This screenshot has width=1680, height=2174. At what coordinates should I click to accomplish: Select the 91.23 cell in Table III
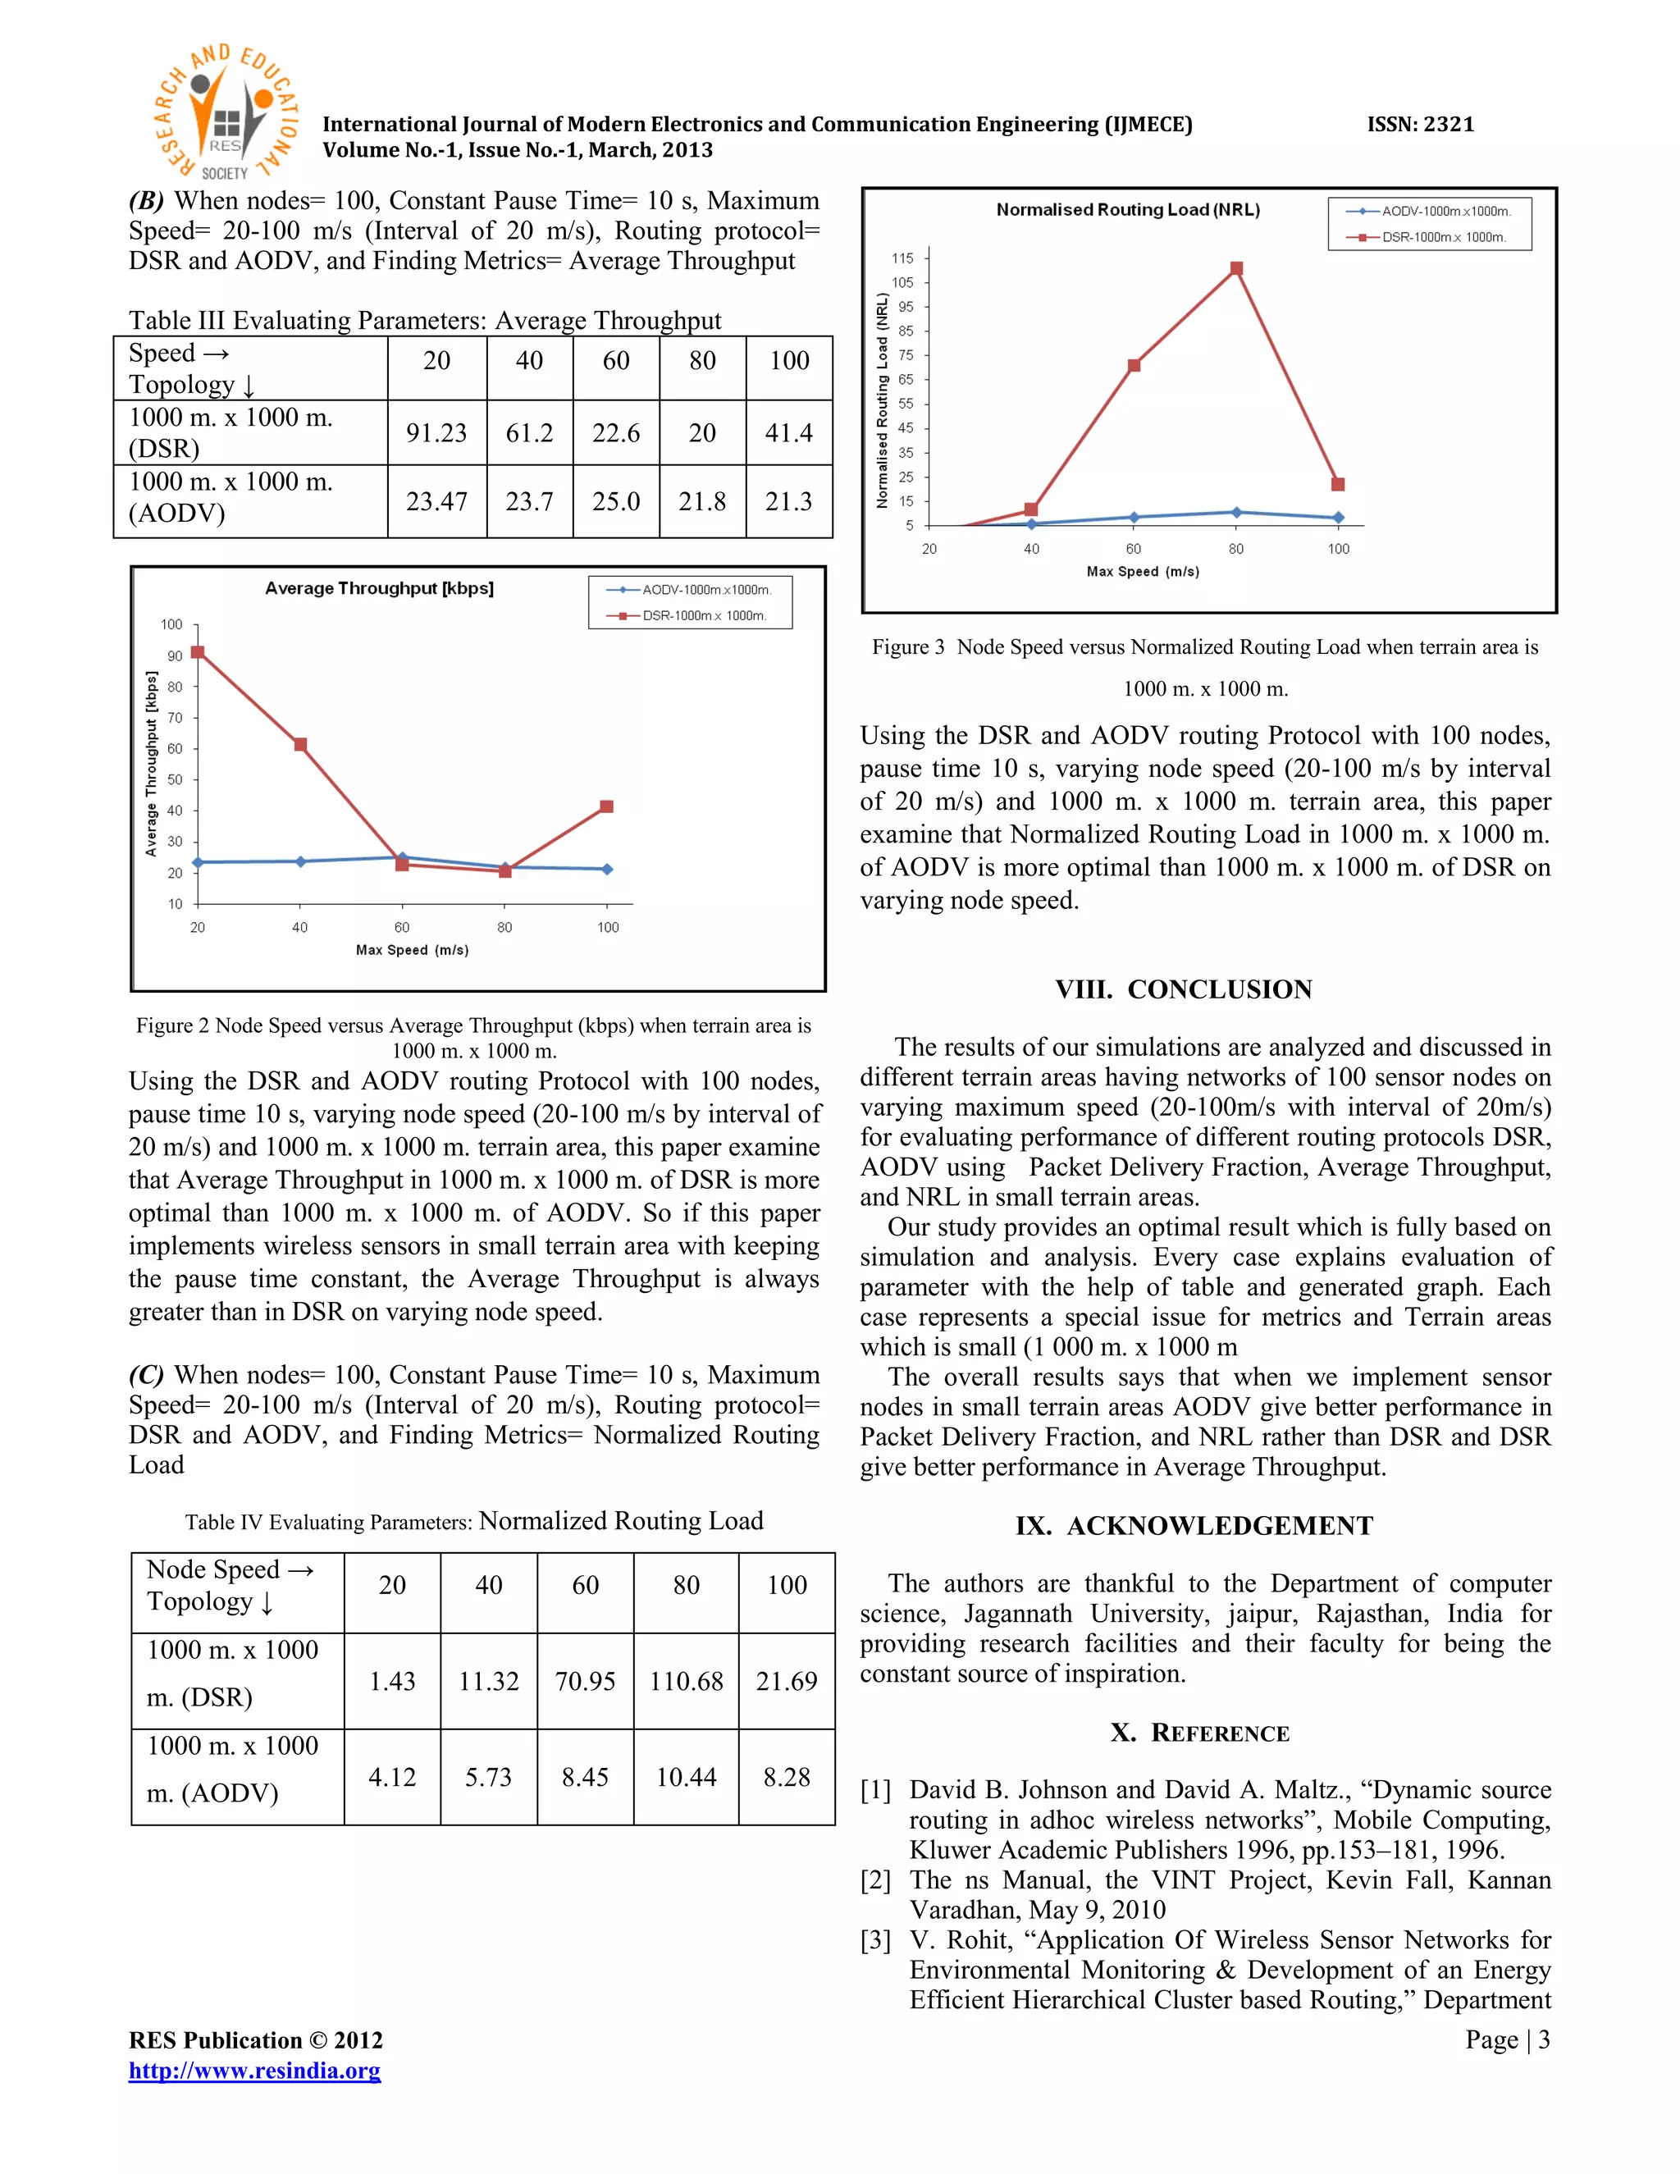[x=436, y=433]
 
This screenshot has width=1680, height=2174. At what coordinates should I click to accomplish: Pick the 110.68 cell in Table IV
[x=686, y=1681]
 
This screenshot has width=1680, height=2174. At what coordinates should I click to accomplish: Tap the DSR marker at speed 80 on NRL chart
[x=1236, y=269]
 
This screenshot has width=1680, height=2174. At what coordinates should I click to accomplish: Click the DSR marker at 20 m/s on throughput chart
[x=197, y=652]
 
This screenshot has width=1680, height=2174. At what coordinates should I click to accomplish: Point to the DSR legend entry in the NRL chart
[x=1429, y=237]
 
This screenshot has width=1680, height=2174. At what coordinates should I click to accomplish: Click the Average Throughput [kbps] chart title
[x=379, y=588]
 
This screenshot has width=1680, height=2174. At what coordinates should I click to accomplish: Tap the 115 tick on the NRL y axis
[x=902, y=258]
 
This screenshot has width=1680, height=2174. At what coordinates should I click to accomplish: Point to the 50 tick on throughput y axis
[x=176, y=779]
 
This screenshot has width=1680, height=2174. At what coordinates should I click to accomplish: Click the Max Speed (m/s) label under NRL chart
[x=1143, y=571]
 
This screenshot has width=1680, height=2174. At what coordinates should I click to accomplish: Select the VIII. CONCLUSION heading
[x=1184, y=989]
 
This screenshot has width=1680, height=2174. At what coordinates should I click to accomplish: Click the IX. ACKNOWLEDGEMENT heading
[x=1194, y=1526]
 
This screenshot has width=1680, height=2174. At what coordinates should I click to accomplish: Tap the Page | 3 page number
[x=1507, y=2039]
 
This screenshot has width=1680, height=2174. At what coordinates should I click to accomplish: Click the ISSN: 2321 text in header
[x=1419, y=125]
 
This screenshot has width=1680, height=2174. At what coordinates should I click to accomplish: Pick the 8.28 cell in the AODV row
[x=786, y=1777]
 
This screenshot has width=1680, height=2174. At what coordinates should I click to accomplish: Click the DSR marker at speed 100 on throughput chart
[x=607, y=806]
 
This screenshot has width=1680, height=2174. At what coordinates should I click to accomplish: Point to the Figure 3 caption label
[x=908, y=647]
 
